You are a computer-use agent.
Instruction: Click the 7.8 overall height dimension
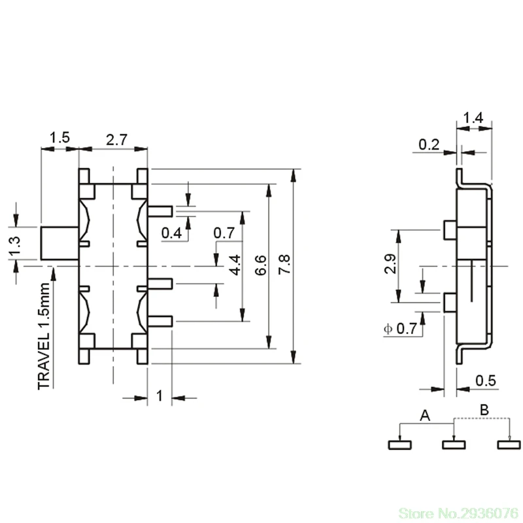click(284, 264)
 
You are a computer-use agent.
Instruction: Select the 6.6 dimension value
click(260, 265)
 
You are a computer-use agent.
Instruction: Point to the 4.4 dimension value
click(235, 265)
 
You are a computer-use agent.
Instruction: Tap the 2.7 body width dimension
click(117, 140)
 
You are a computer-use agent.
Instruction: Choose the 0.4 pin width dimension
click(171, 233)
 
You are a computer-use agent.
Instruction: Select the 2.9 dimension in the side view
click(390, 264)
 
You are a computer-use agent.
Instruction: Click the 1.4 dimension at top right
click(473, 118)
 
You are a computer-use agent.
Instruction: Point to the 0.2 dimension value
click(429, 144)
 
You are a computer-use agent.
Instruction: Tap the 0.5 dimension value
click(486, 380)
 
